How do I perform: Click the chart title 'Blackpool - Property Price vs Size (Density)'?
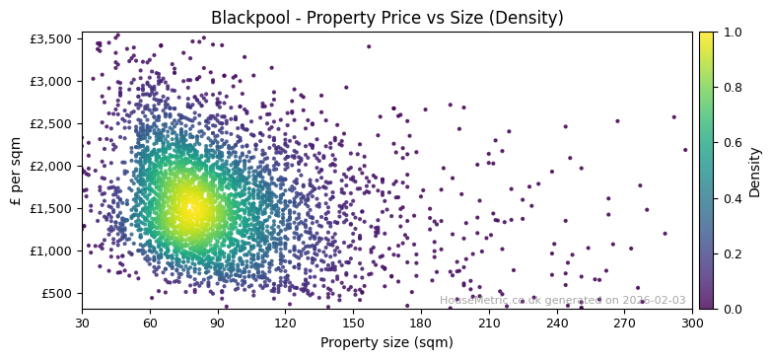click(386, 18)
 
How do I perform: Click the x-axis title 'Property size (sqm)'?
click(386, 343)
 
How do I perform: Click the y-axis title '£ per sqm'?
click(17, 170)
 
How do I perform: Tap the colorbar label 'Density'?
click(755, 171)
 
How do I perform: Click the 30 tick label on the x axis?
click(82, 323)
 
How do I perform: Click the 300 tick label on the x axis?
click(692, 323)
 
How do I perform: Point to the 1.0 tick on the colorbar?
click(731, 32)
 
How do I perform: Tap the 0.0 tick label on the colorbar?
click(731, 309)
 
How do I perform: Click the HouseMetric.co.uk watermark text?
click(562, 301)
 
